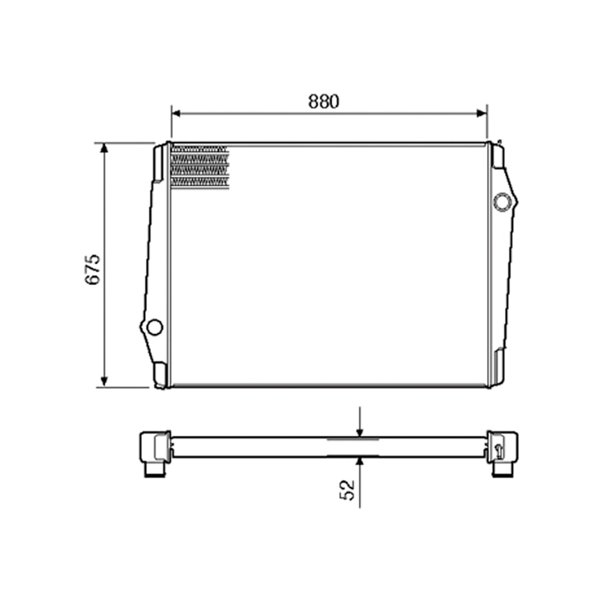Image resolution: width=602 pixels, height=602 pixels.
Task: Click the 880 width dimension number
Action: (x=324, y=102)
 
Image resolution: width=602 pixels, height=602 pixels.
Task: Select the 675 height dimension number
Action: (x=92, y=269)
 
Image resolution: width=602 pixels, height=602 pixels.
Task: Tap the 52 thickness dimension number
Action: (x=346, y=489)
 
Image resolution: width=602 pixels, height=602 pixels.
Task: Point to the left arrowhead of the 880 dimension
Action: (x=176, y=112)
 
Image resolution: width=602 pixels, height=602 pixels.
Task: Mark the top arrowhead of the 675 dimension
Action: (x=104, y=148)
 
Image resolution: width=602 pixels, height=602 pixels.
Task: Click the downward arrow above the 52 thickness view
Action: (x=359, y=430)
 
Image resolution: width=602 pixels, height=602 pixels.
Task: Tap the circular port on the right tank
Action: (x=501, y=202)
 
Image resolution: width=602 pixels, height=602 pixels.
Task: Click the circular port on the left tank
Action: (x=155, y=327)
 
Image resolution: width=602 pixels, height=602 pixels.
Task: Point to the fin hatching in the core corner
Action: (x=200, y=166)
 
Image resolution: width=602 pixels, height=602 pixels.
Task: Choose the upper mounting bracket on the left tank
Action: (x=160, y=162)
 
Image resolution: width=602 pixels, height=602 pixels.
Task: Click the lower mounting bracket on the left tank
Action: (x=160, y=374)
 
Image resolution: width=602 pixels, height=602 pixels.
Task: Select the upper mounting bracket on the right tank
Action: (x=498, y=155)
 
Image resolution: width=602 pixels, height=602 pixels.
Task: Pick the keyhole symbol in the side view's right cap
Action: (x=498, y=449)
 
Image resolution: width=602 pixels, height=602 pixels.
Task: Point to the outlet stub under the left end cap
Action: (x=155, y=469)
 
